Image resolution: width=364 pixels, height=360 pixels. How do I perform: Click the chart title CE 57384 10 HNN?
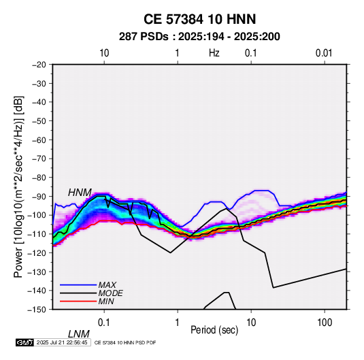199,19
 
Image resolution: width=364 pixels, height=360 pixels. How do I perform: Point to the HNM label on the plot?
80,193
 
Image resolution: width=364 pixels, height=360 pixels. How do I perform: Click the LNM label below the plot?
79,334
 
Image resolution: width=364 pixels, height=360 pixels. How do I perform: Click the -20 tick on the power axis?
39,65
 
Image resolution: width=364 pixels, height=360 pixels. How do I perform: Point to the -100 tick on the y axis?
37,215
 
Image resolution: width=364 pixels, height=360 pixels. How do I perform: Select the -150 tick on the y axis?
37,310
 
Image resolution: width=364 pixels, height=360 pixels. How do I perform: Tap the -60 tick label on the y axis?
39,140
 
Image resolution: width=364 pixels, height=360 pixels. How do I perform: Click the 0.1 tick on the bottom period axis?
104,323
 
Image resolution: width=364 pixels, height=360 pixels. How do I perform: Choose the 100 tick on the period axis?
325,323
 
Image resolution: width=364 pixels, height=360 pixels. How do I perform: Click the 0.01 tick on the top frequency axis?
324,53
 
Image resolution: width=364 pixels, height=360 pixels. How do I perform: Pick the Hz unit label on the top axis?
214,53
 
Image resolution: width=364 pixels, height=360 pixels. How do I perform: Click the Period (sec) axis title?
214,330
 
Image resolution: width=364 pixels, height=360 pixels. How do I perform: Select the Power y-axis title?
18,187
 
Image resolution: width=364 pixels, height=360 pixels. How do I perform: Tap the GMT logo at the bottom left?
25,342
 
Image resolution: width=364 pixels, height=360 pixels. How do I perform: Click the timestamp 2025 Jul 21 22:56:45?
62,342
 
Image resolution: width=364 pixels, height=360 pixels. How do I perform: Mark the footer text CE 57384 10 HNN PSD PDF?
125,342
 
